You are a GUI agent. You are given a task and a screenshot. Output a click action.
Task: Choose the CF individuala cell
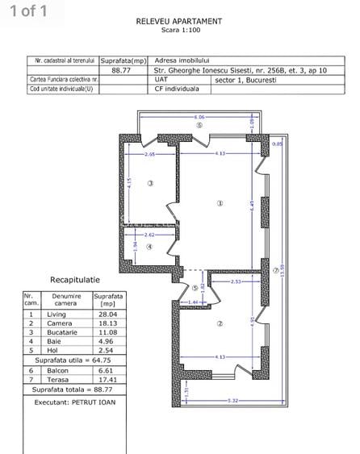176,89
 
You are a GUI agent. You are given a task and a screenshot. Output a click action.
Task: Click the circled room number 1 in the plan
219,203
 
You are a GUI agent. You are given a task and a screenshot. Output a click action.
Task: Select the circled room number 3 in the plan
150,185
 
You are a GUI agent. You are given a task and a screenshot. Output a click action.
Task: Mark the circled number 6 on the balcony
198,126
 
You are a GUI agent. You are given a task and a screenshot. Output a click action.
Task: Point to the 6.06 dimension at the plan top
199,117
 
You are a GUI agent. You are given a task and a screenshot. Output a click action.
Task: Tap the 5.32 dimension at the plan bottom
232,400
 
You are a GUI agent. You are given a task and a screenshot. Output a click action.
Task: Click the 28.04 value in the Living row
105,315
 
